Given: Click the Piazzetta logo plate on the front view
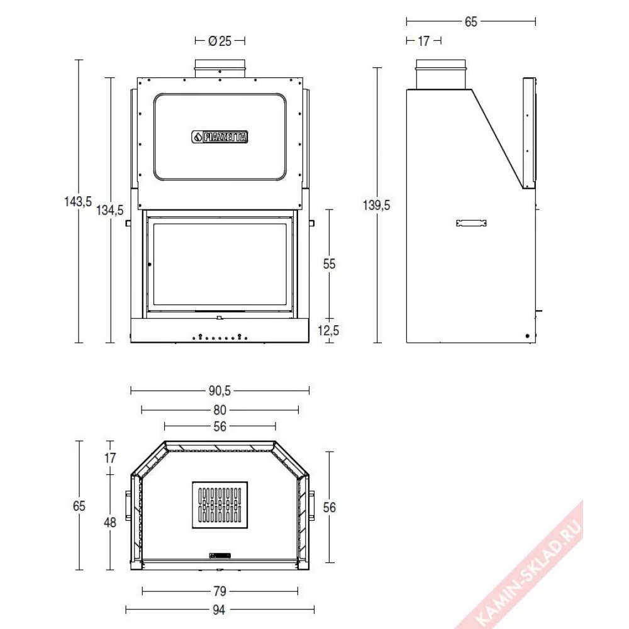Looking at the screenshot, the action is [x=220, y=136].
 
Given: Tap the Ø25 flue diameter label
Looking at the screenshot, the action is [x=220, y=41].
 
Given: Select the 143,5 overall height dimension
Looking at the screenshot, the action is [x=78, y=201].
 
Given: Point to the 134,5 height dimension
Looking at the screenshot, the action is [x=110, y=210].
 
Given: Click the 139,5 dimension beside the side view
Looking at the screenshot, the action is [x=376, y=205].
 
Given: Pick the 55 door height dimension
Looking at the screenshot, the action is [x=329, y=264].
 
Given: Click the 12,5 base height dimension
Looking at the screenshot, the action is [x=328, y=331].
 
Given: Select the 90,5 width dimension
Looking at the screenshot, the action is [x=220, y=391].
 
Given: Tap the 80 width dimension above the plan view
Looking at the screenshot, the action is [x=220, y=410].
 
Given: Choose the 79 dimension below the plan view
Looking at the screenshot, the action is [x=220, y=591].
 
